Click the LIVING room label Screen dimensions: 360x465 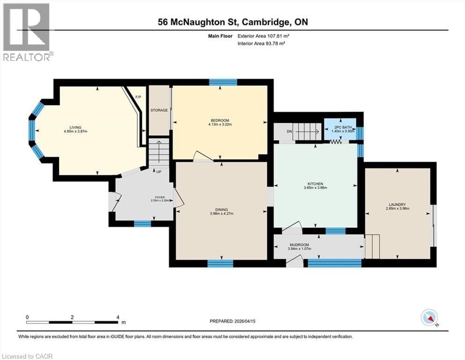tap(75, 127)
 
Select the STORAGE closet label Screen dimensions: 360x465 tap(159, 111)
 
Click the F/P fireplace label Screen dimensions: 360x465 tap(138, 97)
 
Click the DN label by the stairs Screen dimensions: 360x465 tap(289, 132)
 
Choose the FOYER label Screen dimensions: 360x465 tap(160, 197)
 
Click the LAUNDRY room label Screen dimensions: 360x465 tap(397, 204)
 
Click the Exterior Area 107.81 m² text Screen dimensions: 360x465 tap(266, 36)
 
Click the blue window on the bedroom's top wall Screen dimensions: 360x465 tap(223, 82)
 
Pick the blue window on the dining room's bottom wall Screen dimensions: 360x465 tap(220, 263)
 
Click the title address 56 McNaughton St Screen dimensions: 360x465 tap(202, 22)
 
